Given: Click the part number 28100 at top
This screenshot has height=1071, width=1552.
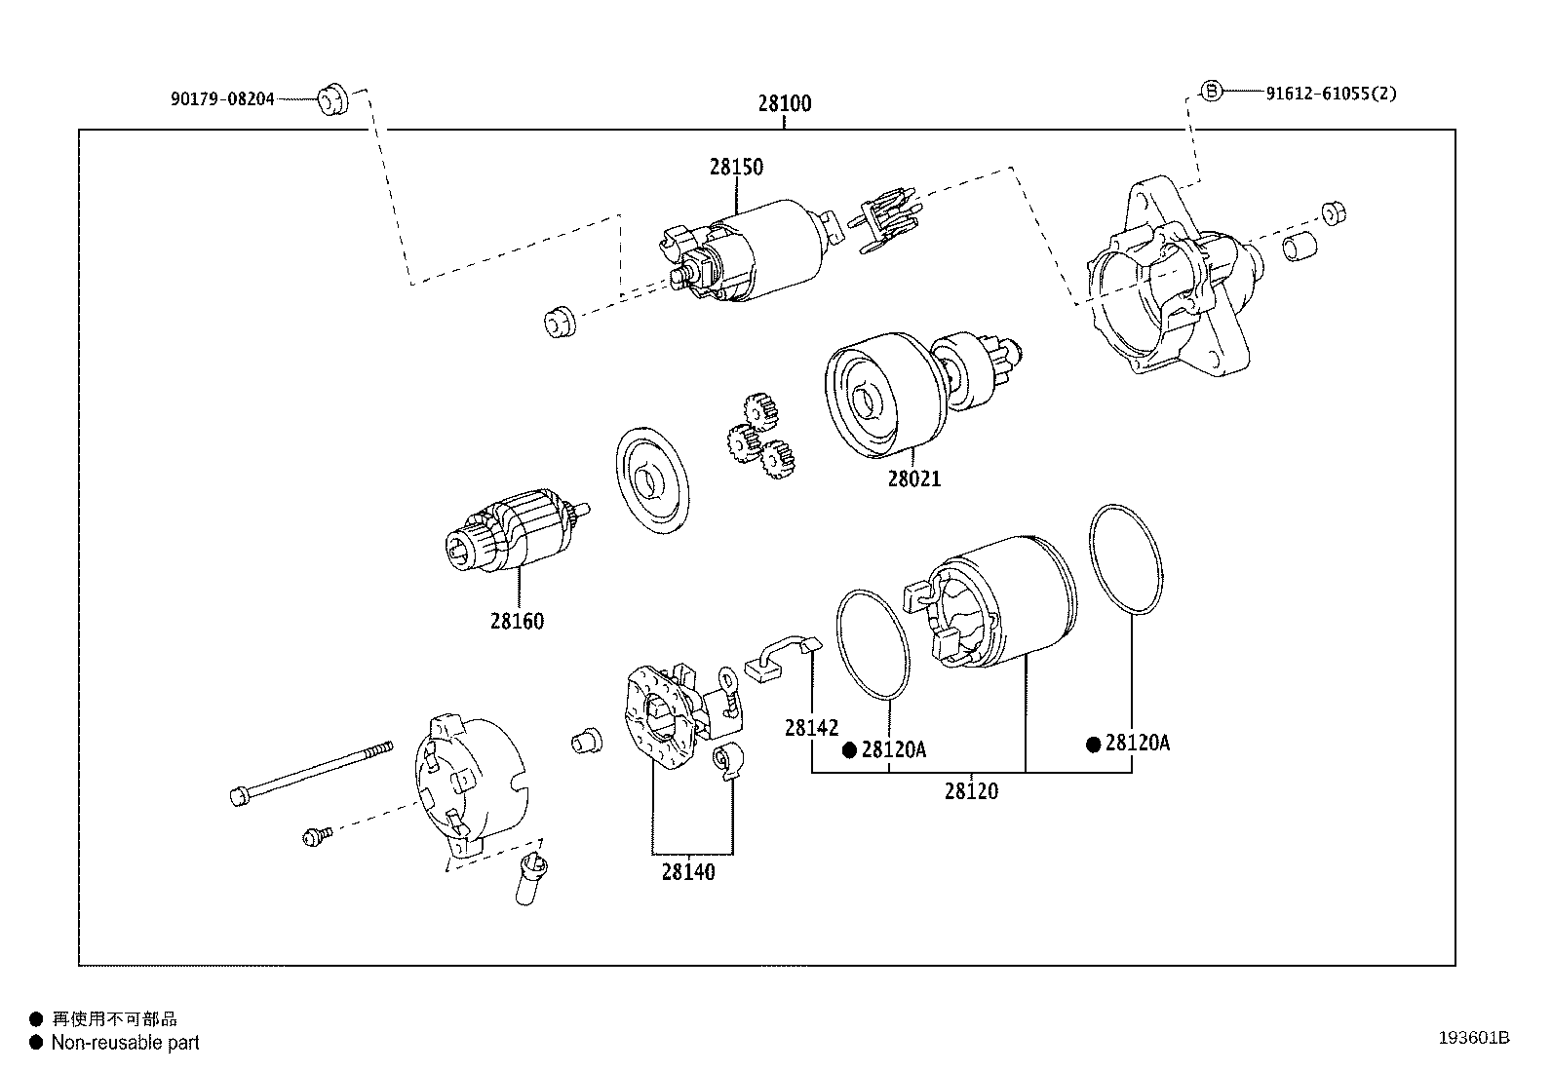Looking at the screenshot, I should point(784,103).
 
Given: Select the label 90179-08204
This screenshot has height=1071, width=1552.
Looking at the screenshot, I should point(222,98).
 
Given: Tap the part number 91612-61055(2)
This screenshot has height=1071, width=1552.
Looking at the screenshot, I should point(1331,94).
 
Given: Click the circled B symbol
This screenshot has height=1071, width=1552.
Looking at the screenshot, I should point(1209,92).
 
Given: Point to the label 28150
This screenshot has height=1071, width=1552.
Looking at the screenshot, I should point(736,167).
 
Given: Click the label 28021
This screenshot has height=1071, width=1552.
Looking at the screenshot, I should point(913,478).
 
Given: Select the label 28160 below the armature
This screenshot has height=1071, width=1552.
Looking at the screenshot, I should point(517,621).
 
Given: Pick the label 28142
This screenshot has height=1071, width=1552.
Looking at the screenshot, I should point(811,728).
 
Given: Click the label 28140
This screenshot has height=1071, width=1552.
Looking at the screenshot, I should point(688,872).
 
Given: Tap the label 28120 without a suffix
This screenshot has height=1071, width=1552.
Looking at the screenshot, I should point(971,791).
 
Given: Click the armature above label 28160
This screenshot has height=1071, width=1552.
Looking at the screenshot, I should point(515,534).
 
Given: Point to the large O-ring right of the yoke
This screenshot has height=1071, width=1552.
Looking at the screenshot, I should point(1127,560).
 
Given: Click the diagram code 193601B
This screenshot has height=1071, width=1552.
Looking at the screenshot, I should point(1473,1038).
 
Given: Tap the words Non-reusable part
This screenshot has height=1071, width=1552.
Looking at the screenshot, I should point(125,1043).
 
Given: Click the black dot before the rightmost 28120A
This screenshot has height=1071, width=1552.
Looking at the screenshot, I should point(1094,745).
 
